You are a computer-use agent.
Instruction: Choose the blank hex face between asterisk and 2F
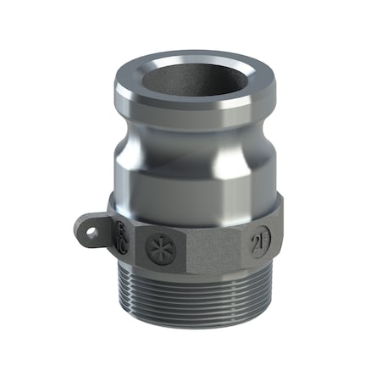[207, 246]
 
